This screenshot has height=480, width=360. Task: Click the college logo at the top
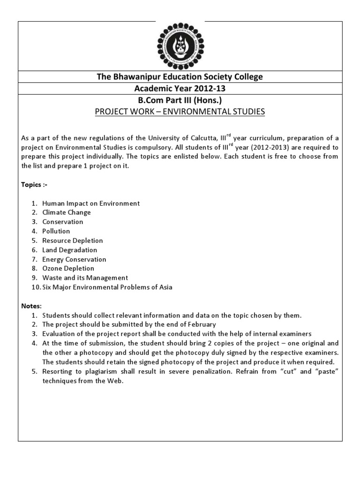coord(180,44)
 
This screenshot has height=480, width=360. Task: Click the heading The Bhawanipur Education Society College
coord(180,76)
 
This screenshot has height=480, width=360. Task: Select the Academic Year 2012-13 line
coord(180,88)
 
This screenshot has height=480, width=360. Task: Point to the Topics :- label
coord(34,185)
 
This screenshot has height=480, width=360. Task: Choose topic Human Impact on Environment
coord(91,203)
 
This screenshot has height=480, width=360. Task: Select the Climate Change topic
coord(67,212)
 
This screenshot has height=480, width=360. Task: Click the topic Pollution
coord(56,231)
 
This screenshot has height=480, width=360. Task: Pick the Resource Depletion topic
coord(73,240)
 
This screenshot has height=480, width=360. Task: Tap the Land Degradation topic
coord(70,250)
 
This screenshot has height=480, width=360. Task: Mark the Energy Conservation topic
coord(74,259)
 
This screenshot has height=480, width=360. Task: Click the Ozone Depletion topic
coord(68,269)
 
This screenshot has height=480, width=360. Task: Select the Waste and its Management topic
coord(85,278)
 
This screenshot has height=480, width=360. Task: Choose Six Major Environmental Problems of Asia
coord(107,287)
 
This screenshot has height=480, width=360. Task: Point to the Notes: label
coord(31,306)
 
